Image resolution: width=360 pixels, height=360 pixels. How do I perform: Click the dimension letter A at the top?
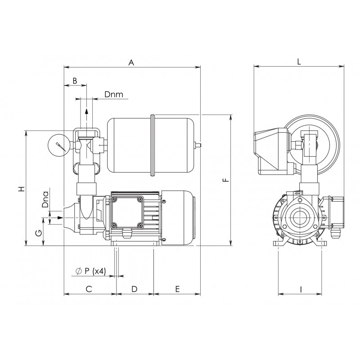click(131, 62)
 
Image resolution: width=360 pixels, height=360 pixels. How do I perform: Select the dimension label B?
click(75, 81)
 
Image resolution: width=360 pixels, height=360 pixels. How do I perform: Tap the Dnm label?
click(114, 94)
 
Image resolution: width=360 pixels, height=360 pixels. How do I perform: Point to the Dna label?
click(45, 199)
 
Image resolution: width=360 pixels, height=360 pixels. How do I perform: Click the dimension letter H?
click(21, 189)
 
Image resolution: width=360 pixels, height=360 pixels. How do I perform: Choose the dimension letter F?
click(226, 180)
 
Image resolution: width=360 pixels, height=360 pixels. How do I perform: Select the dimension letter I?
click(301, 290)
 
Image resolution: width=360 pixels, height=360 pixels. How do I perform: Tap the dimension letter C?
click(89, 289)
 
